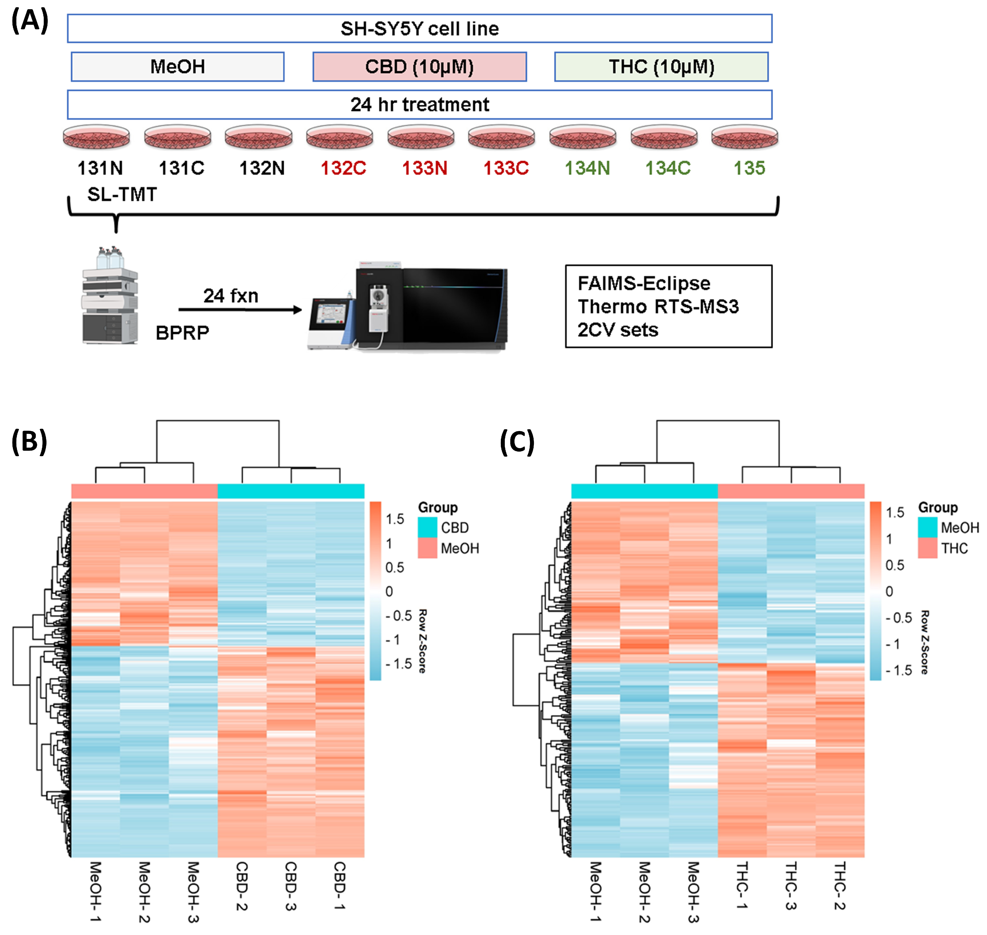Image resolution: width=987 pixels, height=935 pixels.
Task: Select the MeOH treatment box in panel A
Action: pyautogui.click(x=177, y=66)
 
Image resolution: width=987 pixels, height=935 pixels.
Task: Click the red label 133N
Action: pyautogui.click(x=425, y=168)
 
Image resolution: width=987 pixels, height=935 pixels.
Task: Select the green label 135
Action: pyautogui.click(x=749, y=168)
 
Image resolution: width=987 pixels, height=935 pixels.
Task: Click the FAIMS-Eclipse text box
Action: pyautogui.click(x=668, y=306)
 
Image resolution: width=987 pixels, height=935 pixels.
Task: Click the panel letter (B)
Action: pyautogui.click(x=29, y=442)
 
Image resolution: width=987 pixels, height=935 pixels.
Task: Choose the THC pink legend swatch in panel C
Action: pyautogui.click(x=927, y=548)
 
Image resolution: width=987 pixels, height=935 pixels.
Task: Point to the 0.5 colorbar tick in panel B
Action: pyautogui.click(x=394, y=568)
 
